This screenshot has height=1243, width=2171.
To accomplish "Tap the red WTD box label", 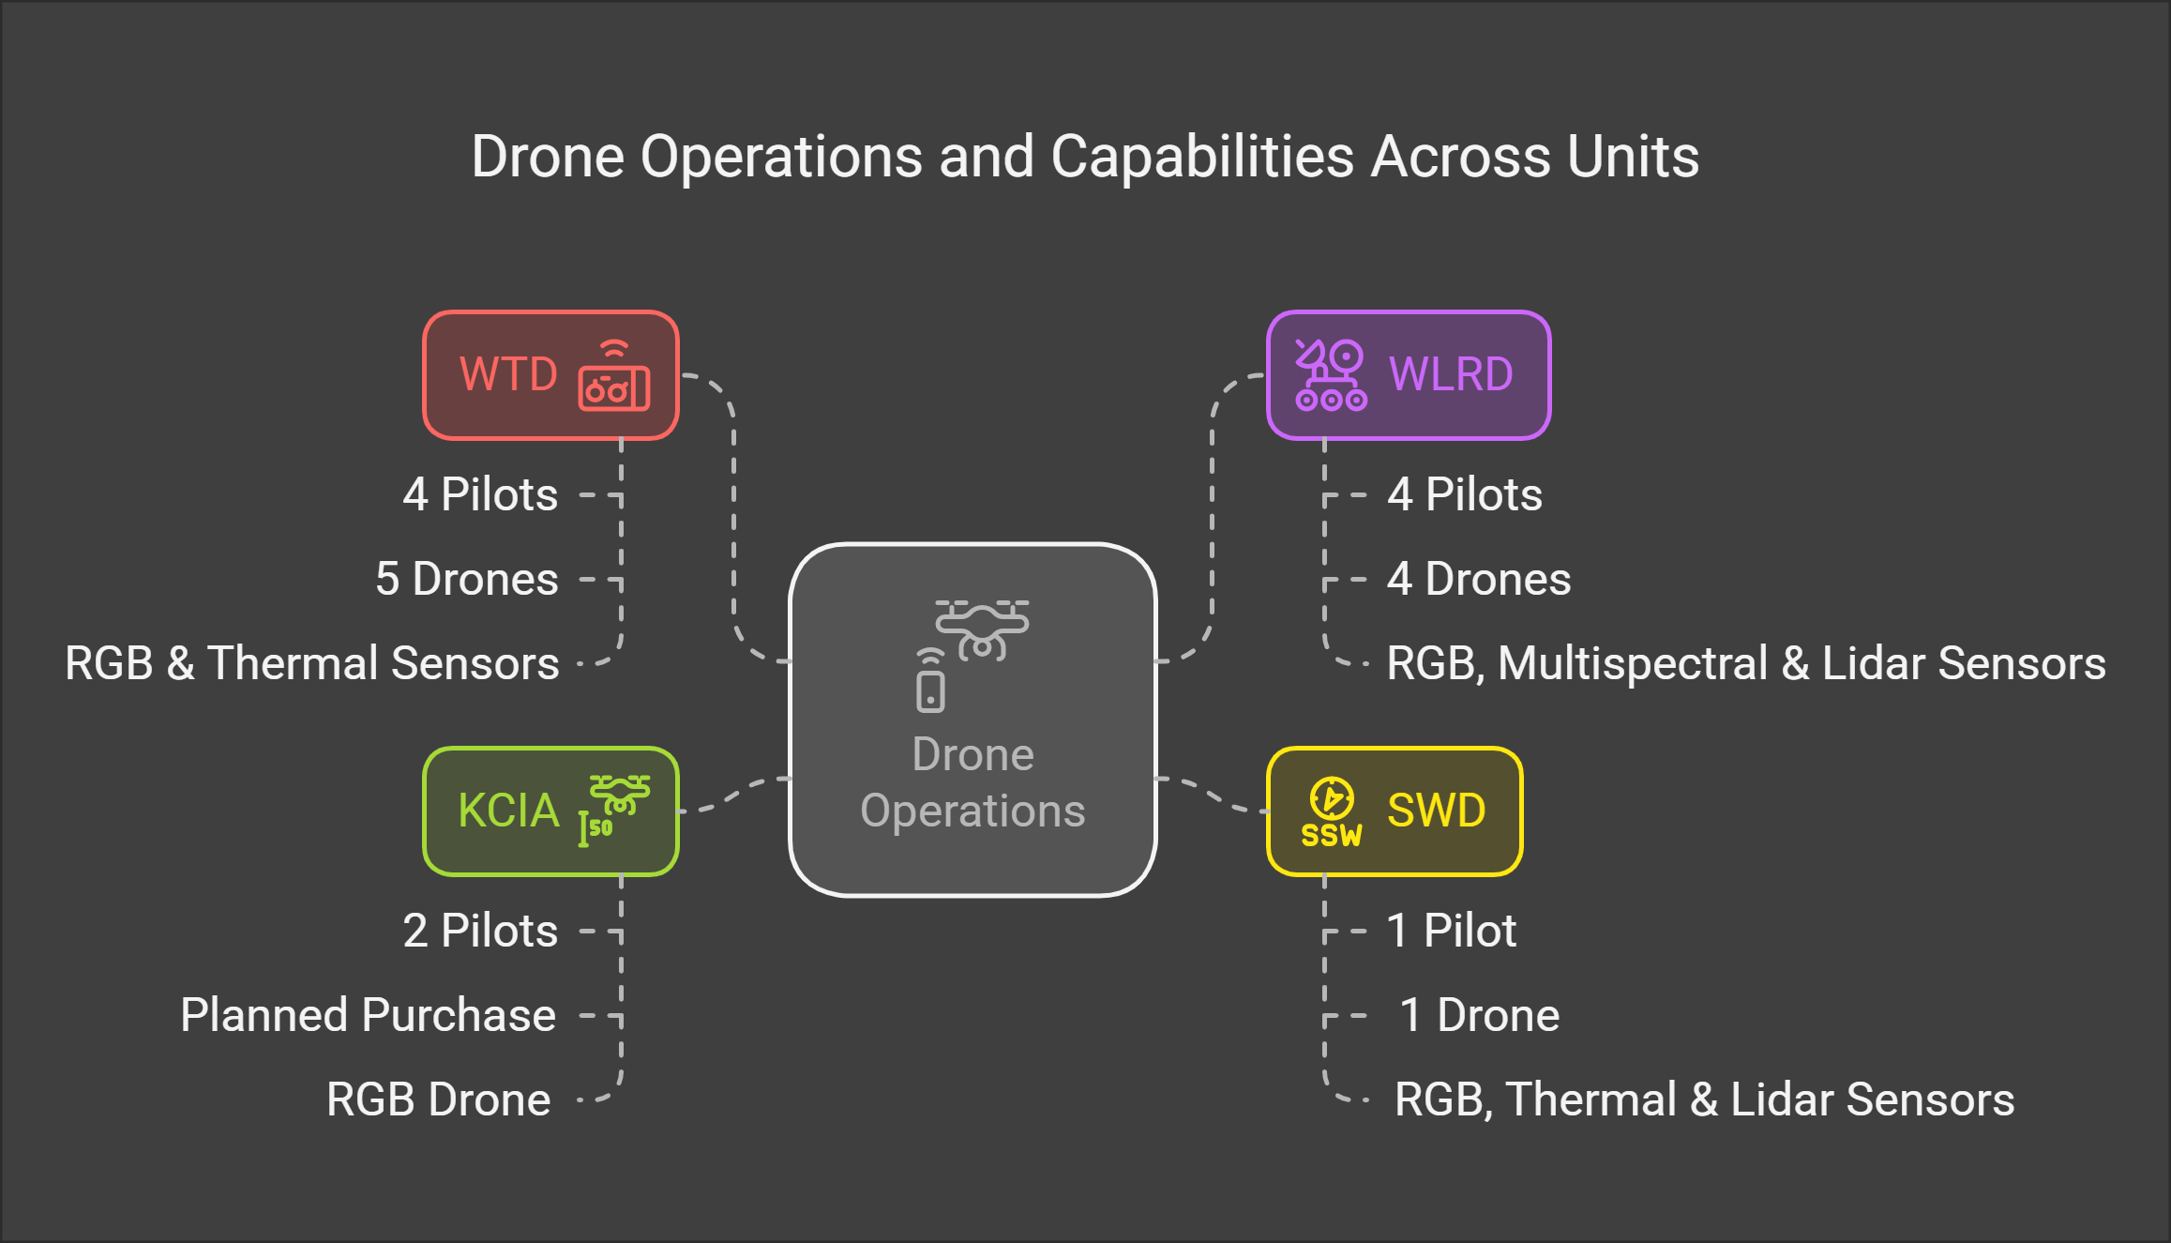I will pyautogui.click(x=508, y=374).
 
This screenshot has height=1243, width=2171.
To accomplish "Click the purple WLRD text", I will pyautogui.click(x=1451, y=374).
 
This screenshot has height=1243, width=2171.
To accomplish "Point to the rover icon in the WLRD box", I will pyautogui.click(x=1331, y=375).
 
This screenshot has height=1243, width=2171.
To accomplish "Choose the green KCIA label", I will pyautogui.click(x=508, y=811).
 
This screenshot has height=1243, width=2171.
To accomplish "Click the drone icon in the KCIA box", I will pyautogui.click(x=619, y=795).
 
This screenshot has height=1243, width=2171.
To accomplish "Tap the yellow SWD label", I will pyautogui.click(x=1436, y=811).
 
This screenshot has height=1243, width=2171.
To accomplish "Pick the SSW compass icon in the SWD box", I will pyautogui.click(x=1332, y=812).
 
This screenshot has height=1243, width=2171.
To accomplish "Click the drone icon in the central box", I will pyautogui.click(x=982, y=629).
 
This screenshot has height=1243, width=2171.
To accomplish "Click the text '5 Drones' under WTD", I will pyautogui.click(x=467, y=579).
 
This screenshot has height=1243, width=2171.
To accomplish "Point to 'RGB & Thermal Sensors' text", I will pyautogui.click(x=312, y=663).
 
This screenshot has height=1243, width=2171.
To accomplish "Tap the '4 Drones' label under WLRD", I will pyautogui.click(x=1479, y=579).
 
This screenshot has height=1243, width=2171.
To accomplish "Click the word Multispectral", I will pyautogui.click(x=1633, y=663).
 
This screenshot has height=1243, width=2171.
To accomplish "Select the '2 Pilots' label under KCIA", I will pyautogui.click(x=480, y=931).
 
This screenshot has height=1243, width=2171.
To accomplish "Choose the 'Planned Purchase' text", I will pyautogui.click(x=368, y=1015).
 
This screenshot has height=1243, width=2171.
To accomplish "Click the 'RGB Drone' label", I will pyautogui.click(x=438, y=1099).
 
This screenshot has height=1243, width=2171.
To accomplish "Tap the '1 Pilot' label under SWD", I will pyautogui.click(x=1452, y=931).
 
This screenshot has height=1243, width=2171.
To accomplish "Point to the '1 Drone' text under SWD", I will pyautogui.click(x=1479, y=1015).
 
